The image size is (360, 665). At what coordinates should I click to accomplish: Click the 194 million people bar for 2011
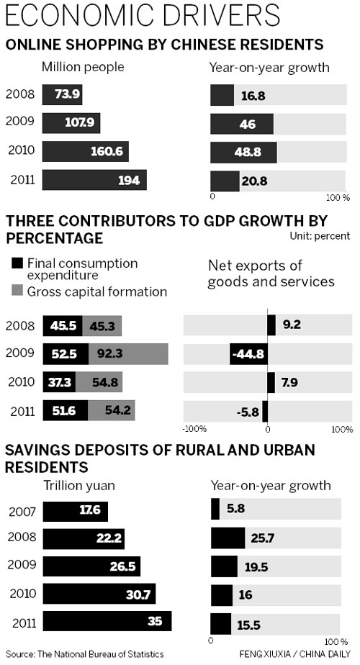pos(94,180)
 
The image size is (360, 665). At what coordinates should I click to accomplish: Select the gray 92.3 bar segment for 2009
pos(128,353)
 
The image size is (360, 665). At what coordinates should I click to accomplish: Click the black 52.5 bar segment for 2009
pos(66,353)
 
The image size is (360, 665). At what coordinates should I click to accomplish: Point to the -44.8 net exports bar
pos(248,353)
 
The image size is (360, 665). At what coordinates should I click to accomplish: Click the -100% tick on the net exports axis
pos(196,430)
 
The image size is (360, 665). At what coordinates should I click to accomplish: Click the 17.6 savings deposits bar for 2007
pos(76,512)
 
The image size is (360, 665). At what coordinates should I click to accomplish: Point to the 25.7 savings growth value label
pos(264,538)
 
